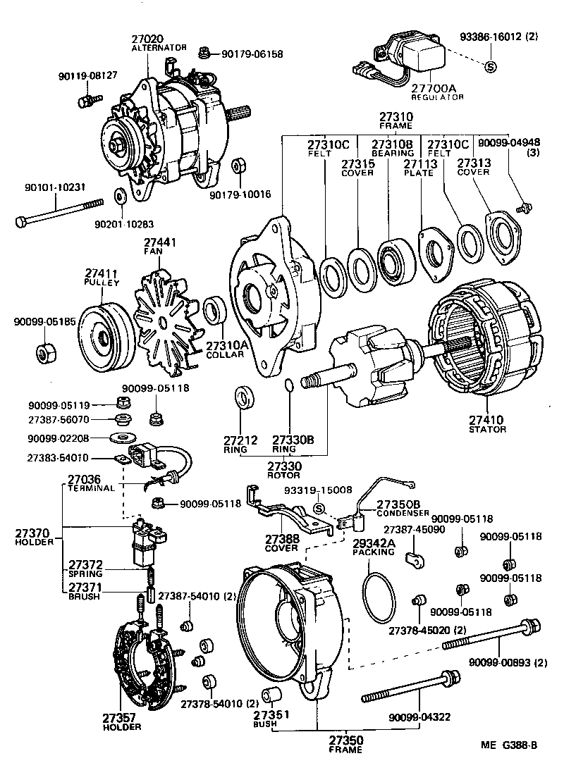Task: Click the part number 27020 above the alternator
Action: click(x=147, y=38)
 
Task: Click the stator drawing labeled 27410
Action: click(x=486, y=345)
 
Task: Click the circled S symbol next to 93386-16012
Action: click(x=491, y=67)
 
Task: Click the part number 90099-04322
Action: click(x=419, y=717)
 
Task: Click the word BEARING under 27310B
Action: click(x=393, y=153)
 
